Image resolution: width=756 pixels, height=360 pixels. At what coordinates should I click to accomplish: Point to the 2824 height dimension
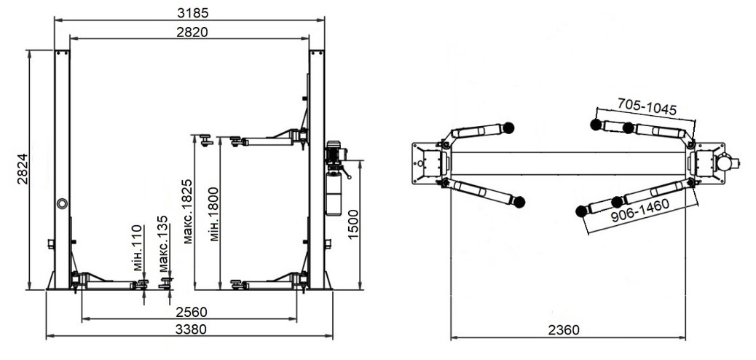pos(23,169)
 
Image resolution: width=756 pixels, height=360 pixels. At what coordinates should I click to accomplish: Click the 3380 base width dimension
pos(190,329)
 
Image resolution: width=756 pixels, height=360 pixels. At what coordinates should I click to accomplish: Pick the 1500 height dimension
pos(353,224)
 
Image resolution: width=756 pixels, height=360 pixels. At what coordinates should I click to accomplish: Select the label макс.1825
pos(188,211)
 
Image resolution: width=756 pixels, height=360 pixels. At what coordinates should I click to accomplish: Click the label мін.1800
pos(214,214)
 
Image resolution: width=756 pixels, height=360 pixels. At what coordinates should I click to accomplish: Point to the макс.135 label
pos(163,244)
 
